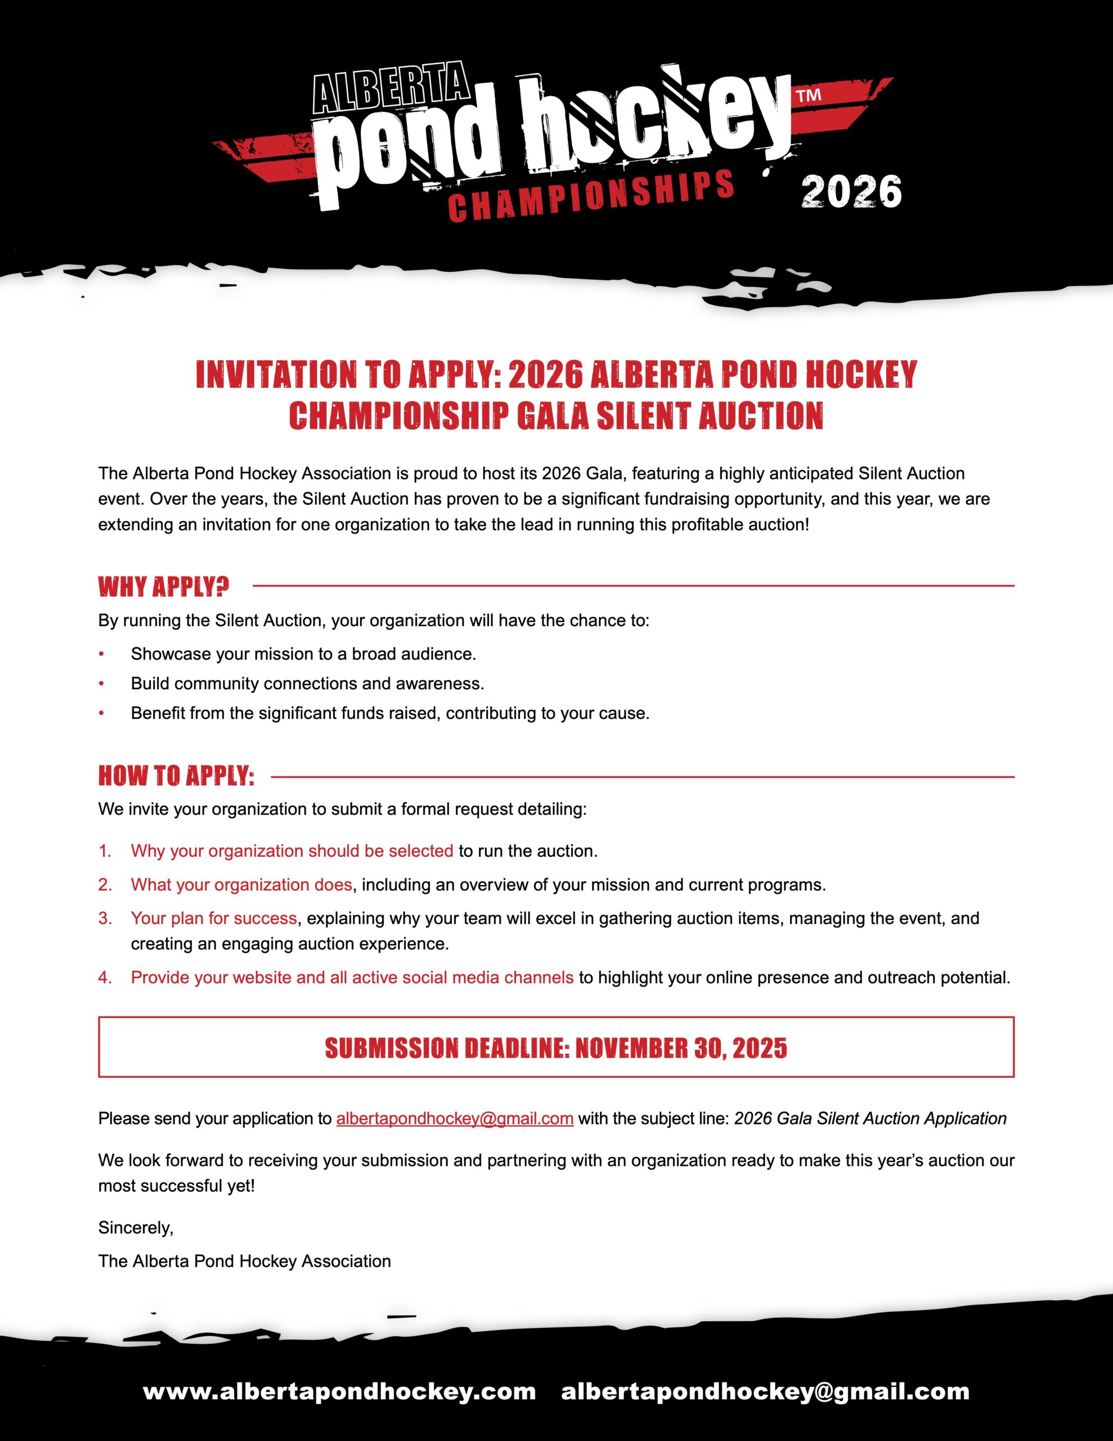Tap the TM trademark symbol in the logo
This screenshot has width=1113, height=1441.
pos(809,96)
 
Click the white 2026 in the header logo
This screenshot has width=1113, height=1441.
pos(851,192)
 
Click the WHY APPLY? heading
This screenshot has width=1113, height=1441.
pos(164,587)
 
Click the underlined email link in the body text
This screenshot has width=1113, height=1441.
pos(455,1118)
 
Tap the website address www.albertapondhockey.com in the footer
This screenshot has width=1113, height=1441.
pos(339,1391)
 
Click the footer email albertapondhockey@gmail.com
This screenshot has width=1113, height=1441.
pos(765,1391)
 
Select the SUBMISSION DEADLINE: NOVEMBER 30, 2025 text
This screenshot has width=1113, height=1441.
pos(556,1049)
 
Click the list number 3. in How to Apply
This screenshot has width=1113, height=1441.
pos(105,919)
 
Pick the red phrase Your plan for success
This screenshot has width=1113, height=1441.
pos(214,919)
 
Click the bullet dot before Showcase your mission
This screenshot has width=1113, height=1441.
pos(102,654)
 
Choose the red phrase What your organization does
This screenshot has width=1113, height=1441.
pos(241,885)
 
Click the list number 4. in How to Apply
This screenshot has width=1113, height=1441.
pos(105,978)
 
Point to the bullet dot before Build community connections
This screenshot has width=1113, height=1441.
pos(102,683)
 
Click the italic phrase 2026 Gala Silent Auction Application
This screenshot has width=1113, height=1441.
pos(870,1118)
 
